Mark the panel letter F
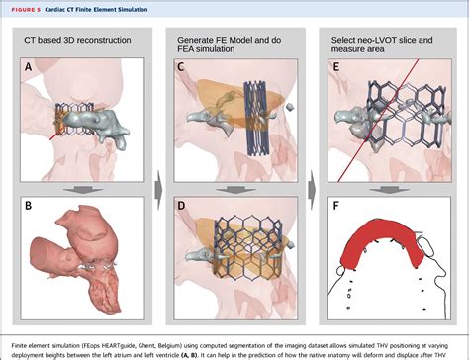[337, 206]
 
